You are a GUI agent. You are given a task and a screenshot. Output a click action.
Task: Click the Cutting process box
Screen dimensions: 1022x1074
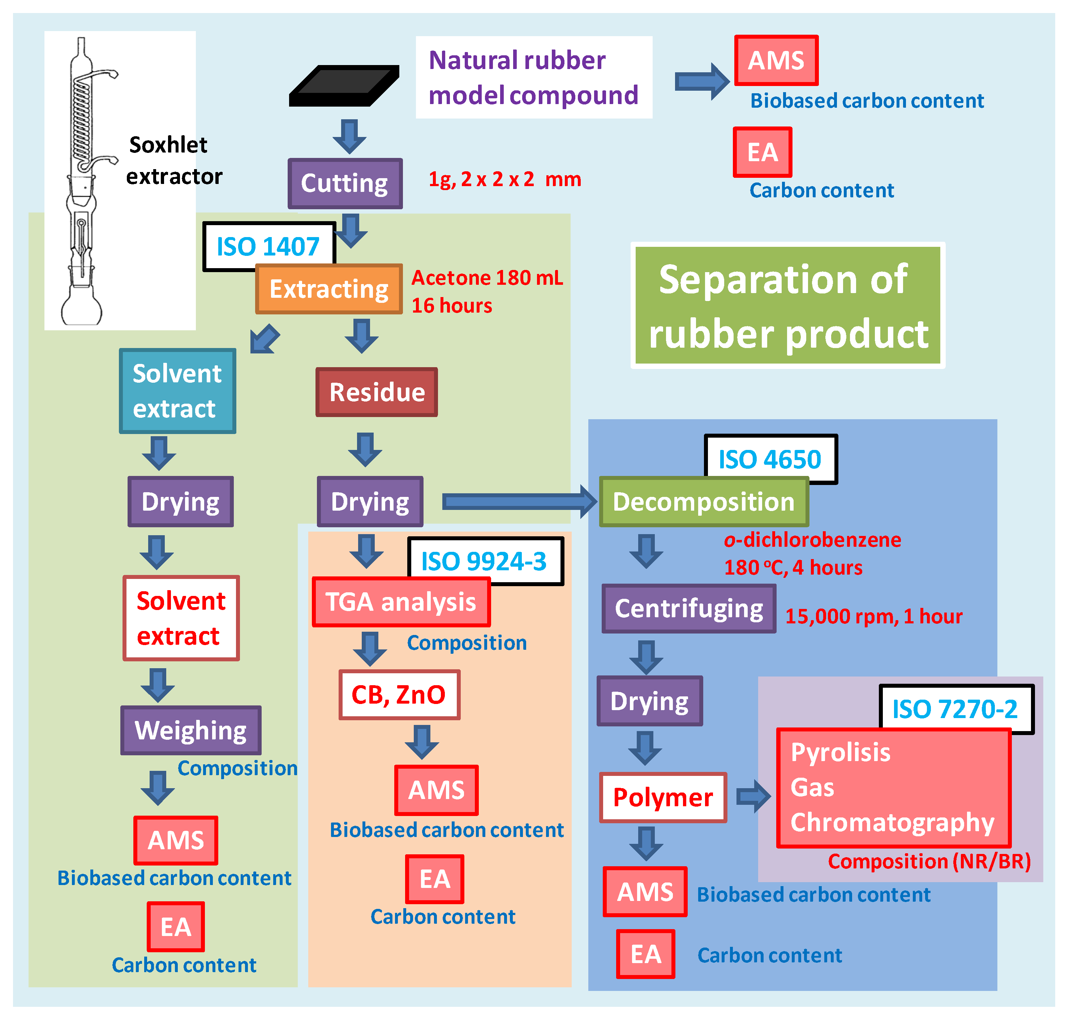[345, 184]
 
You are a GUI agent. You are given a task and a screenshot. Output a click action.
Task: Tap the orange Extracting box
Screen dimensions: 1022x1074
[329, 289]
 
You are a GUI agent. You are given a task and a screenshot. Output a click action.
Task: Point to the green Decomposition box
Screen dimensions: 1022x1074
[703, 502]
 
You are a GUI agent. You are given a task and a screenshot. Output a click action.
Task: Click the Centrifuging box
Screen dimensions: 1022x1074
[688, 609]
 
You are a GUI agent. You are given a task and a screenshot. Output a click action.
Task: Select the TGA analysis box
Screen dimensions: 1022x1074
[401, 602]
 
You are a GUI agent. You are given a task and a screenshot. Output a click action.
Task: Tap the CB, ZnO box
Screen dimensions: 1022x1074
[399, 695]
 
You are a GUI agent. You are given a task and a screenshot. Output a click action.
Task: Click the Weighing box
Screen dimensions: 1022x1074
[190, 731]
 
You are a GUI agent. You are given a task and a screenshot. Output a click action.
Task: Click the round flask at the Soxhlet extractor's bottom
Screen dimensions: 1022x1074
[82, 309]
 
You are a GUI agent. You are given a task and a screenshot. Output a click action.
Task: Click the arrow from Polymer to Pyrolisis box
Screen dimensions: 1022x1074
[753, 796]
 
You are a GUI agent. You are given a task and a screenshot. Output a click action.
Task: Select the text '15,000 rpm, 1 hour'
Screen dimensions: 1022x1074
[873, 616]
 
